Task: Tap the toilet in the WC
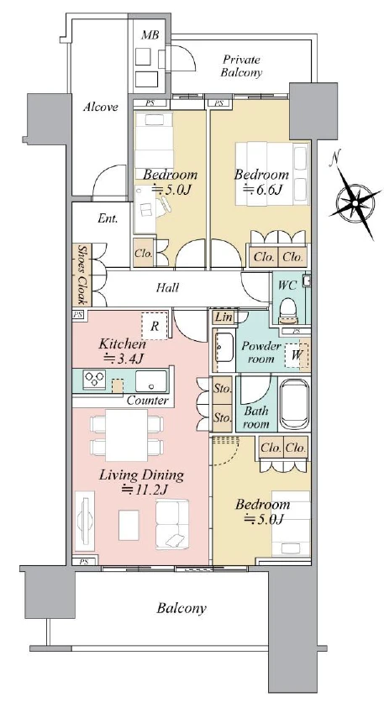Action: click(x=287, y=309)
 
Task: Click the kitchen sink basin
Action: click(x=150, y=381)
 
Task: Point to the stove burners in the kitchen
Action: click(x=94, y=380)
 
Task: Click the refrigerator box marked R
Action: click(x=155, y=326)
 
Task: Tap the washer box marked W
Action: click(x=297, y=355)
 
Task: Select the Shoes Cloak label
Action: click(x=82, y=275)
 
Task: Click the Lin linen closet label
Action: click(x=224, y=317)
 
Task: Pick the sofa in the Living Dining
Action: click(x=172, y=524)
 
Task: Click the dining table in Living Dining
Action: click(x=127, y=435)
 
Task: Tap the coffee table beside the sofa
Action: click(x=129, y=525)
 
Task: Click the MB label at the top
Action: click(x=150, y=34)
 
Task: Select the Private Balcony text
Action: click(x=241, y=66)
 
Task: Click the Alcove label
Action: click(x=101, y=107)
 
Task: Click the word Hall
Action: click(x=167, y=287)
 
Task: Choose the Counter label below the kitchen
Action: click(x=147, y=401)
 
